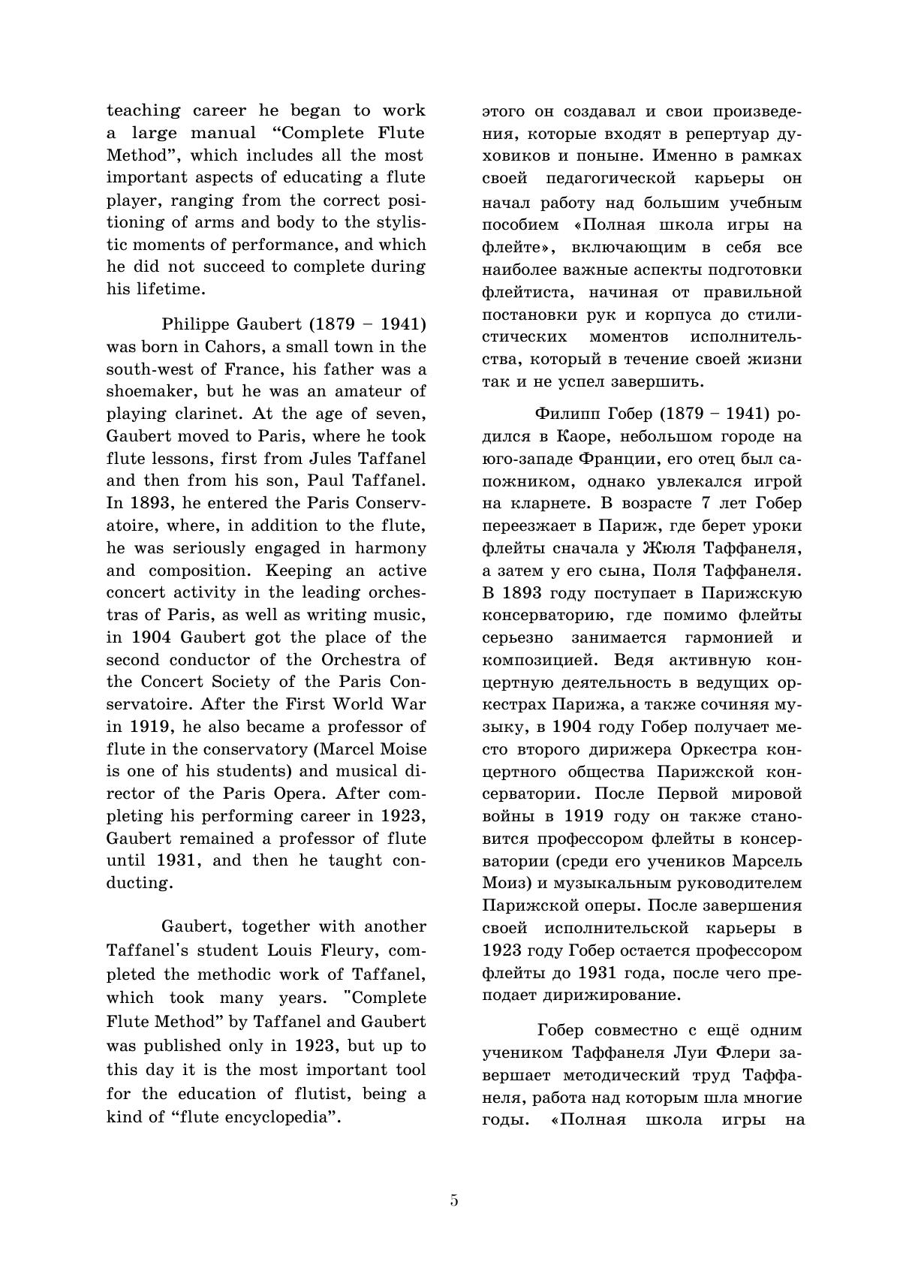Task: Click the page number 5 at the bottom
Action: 454,1200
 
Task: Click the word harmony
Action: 390,548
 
